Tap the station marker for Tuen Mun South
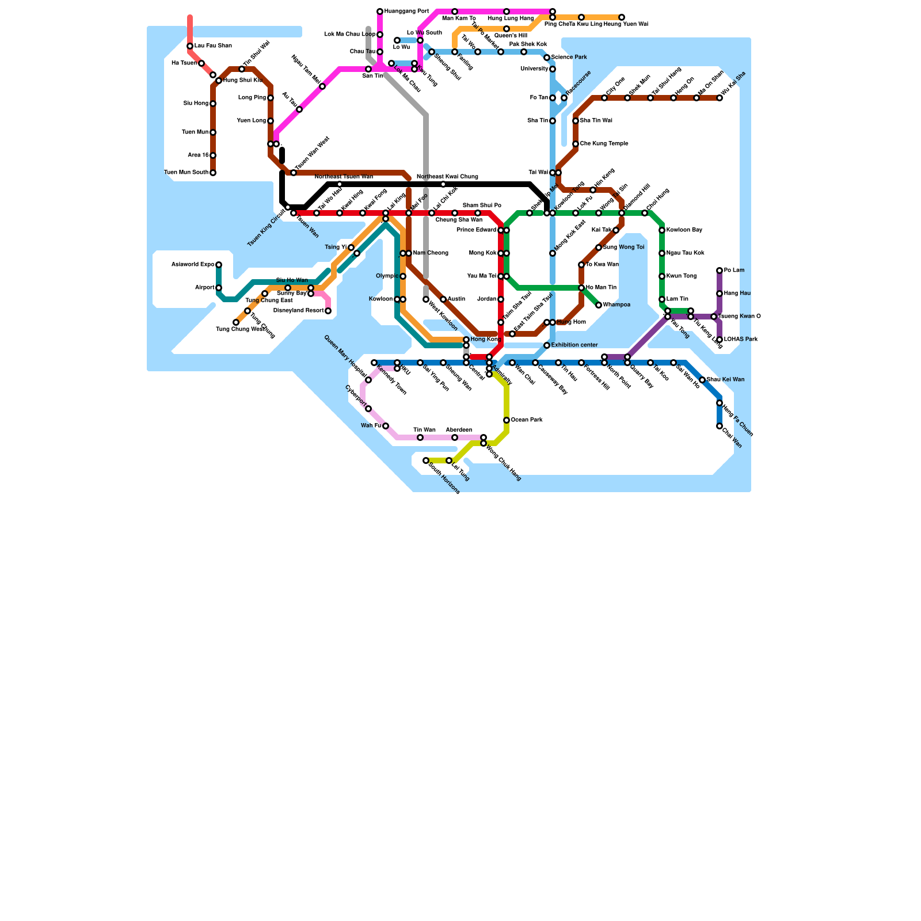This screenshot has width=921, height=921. pos(213,173)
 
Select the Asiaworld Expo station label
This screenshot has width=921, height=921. pos(193,265)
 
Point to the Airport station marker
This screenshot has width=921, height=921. pos(219,288)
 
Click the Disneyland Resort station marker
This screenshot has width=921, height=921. pos(328,311)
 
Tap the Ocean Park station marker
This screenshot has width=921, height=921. pos(507,420)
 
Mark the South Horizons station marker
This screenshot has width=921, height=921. pos(426,461)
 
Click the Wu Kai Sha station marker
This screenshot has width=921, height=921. pos(720,98)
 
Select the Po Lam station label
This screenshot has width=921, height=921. pos(734,271)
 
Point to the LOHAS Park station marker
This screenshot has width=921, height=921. pos(720,340)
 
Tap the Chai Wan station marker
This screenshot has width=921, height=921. pos(720,426)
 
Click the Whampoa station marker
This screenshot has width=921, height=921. pos(599,305)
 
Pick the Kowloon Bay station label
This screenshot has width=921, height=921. pos(684,230)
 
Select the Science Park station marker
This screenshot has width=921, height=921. pos(547,58)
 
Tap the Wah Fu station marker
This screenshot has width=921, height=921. pos(386,426)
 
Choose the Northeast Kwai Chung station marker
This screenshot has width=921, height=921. pos(443,184)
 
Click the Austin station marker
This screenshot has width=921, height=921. pos(443,299)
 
